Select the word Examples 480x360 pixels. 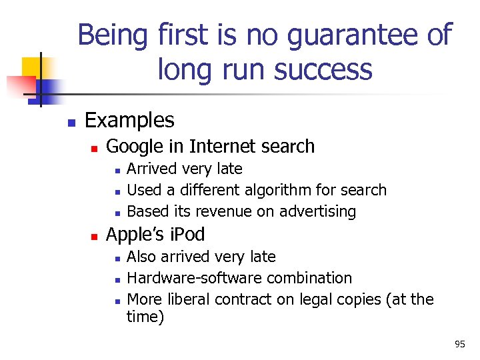(130, 120)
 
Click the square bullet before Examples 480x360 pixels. (71, 122)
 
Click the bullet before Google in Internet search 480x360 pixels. (95, 147)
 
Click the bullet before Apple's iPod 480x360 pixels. (95, 236)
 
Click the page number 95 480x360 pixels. (460, 344)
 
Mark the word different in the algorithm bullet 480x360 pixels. (193, 190)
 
